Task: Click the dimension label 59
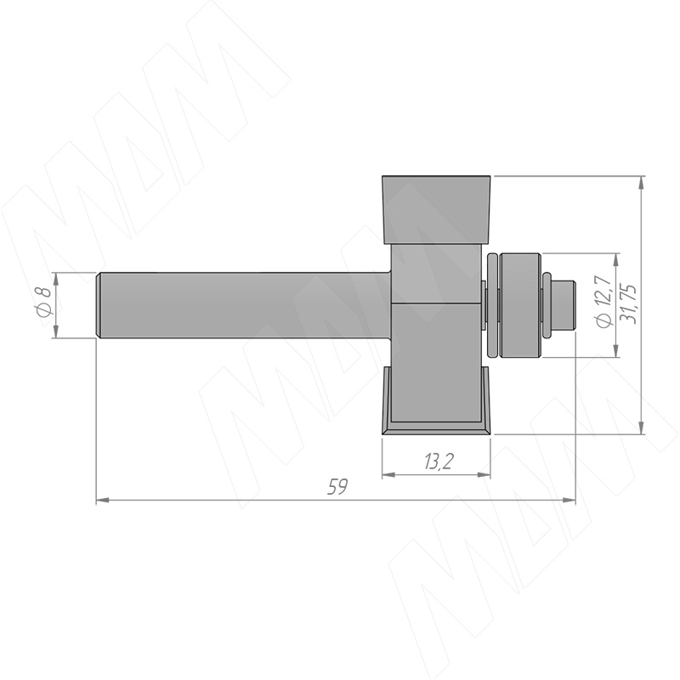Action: click(x=337, y=486)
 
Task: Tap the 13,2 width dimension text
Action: click(x=439, y=462)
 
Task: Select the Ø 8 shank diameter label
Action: click(x=44, y=302)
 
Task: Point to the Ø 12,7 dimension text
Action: click(x=604, y=301)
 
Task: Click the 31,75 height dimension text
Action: click(x=628, y=303)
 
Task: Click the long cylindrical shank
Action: click(x=243, y=305)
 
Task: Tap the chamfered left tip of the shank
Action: click(x=99, y=305)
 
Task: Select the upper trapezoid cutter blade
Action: click(x=436, y=209)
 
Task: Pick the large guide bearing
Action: click(x=520, y=305)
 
